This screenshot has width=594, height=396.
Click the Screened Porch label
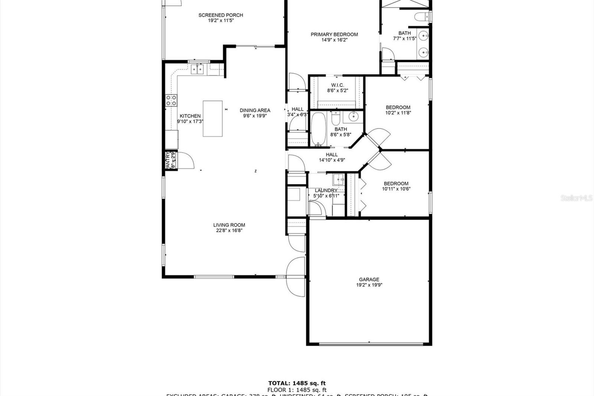point(221,15)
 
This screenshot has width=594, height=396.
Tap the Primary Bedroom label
point(334,35)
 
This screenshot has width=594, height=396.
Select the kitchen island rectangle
point(212,119)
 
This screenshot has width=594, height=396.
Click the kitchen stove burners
point(171,100)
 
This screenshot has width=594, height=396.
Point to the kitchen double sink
point(197,69)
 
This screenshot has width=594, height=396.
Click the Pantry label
point(168,160)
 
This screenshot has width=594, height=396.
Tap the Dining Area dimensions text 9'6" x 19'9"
point(255,116)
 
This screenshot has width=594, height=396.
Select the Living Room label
point(229,225)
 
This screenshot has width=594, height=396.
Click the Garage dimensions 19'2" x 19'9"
point(369,285)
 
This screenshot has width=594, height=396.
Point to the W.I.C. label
point(337,85)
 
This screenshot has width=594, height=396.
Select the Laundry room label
point(326,190)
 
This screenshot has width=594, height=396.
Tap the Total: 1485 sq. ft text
point(297,383)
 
